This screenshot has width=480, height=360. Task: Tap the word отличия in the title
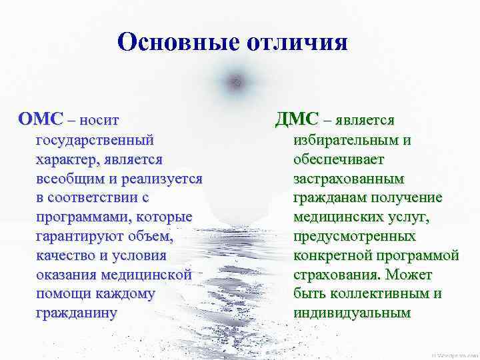click(298, 43)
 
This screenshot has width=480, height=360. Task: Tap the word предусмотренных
click(354, 237)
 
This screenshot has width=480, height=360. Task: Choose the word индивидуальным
click(351, 313)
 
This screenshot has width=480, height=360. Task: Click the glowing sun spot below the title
click(233, 82)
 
